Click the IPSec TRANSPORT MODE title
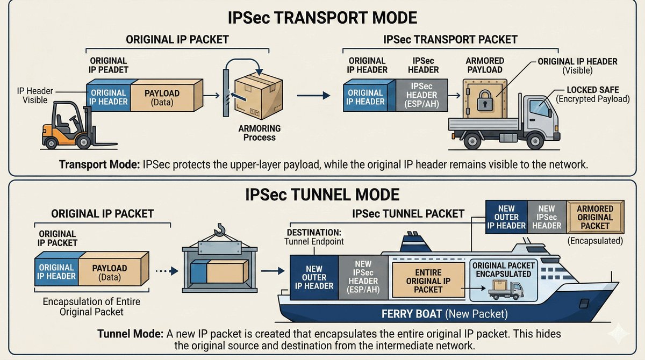[x=322, y=17]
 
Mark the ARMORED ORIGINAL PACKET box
[x=594, y=217]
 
